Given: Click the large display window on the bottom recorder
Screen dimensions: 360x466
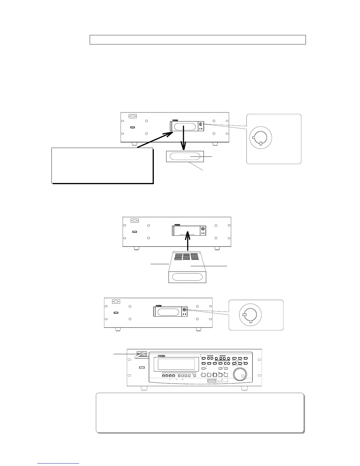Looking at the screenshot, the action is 176,365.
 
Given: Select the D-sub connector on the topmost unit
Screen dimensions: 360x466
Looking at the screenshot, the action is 133,116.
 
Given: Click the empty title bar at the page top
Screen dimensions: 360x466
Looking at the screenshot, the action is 198,39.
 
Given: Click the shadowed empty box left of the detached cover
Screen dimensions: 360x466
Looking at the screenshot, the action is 102,165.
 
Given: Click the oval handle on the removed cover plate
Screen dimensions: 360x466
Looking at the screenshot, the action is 185,156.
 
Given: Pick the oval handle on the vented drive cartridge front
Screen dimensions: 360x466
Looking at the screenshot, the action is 187,277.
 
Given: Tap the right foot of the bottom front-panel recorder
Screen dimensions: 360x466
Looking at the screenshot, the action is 244,388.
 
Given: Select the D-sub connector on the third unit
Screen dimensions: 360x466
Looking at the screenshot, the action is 116,301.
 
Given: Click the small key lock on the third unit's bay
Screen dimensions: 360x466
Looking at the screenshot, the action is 184,309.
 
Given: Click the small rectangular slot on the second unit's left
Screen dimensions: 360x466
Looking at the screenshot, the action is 135,232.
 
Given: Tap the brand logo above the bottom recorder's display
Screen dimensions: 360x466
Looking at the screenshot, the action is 163,356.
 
